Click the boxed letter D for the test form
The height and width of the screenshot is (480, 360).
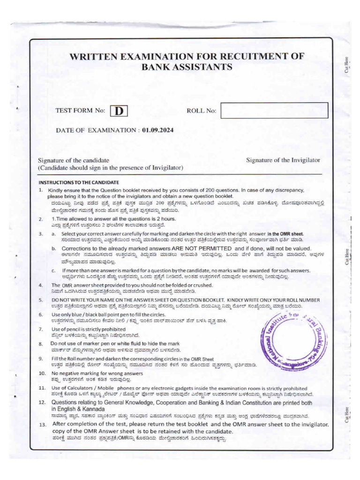coord(119,111)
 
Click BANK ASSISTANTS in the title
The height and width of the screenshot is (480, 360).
coord(187,67)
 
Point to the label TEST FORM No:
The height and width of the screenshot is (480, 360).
coord(80,111)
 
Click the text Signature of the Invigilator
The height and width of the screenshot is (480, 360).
coord(283,160)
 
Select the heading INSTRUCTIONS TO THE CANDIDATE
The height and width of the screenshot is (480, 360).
coord(79,182)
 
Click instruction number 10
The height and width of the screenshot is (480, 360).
coord(42,373)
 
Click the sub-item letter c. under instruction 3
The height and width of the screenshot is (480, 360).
coord(54,270)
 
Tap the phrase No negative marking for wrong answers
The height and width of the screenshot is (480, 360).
coord(93,373)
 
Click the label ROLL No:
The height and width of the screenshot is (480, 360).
coord(202,111)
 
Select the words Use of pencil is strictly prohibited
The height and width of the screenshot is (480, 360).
coord(87,330)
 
